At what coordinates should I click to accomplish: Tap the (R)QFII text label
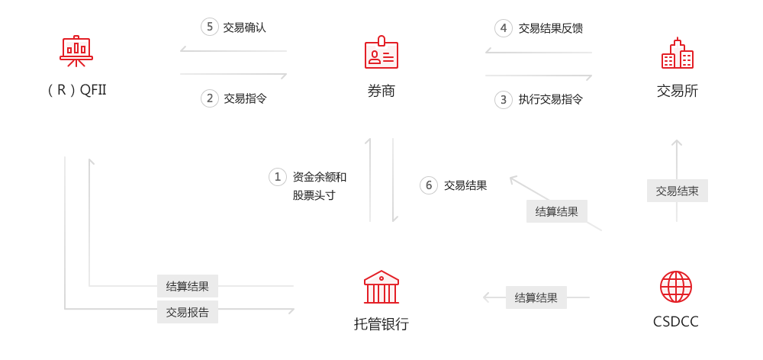click(x=76, y=91)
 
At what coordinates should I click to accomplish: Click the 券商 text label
click(x=381, y=91)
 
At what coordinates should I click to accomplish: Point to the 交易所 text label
click(x=677, y=91)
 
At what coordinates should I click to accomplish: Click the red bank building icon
click(x=381, y=287)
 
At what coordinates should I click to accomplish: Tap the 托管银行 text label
click(x=381, y=324)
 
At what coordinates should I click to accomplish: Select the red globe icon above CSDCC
click(x=676, y=287)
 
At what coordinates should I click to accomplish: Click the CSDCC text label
click(x=676, y=322)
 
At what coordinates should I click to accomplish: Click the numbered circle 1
click(x=278, y=177)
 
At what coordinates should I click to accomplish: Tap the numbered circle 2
click(x=210, y=98)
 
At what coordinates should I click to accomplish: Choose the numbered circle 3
click(x=504, y=98)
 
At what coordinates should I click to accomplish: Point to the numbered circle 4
click(x=504, y=28)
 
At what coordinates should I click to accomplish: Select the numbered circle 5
click(x=210, y=27)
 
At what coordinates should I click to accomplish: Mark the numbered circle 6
click(x=428, y=185)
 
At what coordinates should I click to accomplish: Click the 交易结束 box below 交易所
click(x=677, y=191)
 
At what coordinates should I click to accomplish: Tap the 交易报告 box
click(x=188, y=312)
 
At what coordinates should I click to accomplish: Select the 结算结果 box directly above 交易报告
click(x=188, y=286)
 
